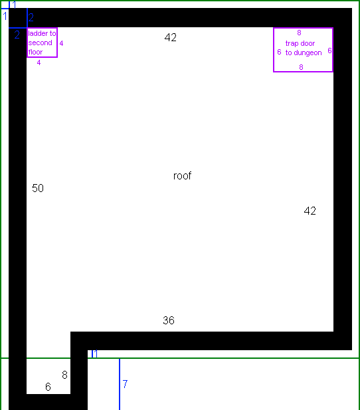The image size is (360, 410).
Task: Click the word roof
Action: [182, 175]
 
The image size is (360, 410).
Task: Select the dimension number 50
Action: [38, 188]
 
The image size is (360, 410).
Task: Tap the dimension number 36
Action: [169, 320]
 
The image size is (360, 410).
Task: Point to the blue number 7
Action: [125, 384]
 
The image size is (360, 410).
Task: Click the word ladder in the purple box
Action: [38, 33]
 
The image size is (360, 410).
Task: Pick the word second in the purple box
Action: [41, 43]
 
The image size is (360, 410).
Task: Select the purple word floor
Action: [35, 52]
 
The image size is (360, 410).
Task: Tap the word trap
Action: [292, 43]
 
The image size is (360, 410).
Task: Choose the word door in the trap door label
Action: [308, 43]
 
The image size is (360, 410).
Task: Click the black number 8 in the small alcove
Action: [65, 375]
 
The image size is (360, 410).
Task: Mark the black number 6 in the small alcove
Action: [48, 387]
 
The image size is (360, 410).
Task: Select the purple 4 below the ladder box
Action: [39, 62]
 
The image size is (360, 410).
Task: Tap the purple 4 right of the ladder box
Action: [61, 43]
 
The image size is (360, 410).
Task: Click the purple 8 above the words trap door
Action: [299, 33]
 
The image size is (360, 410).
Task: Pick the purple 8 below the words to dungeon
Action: [301, 67]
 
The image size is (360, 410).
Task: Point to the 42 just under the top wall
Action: [171, 37]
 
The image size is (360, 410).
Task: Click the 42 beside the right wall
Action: [310, 211]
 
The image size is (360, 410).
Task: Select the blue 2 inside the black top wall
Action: [31, 17]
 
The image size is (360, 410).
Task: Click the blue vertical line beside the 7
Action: [120, 384]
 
